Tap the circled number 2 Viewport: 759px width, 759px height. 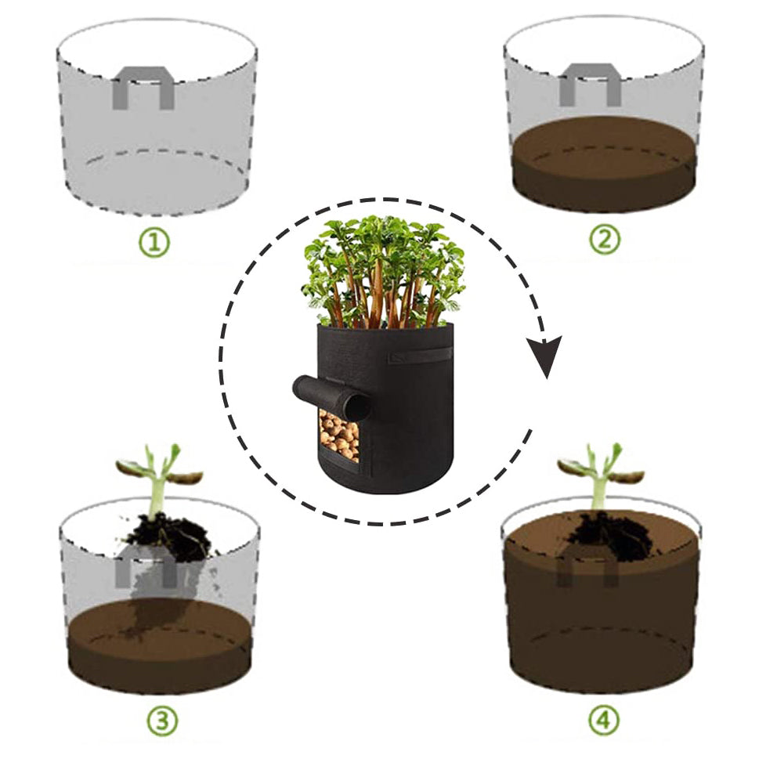point(605,239)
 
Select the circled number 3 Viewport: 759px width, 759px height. point(163,721)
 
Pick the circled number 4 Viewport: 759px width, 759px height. point(604,721)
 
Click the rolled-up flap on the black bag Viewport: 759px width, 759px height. point(332,397)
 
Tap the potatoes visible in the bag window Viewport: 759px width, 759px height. point(339,435)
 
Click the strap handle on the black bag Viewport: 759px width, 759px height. point(419,356)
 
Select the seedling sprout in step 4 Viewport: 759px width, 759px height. point(599,477)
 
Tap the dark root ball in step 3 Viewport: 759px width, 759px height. point(169,537)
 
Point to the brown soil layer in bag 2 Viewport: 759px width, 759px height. point(604,162)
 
